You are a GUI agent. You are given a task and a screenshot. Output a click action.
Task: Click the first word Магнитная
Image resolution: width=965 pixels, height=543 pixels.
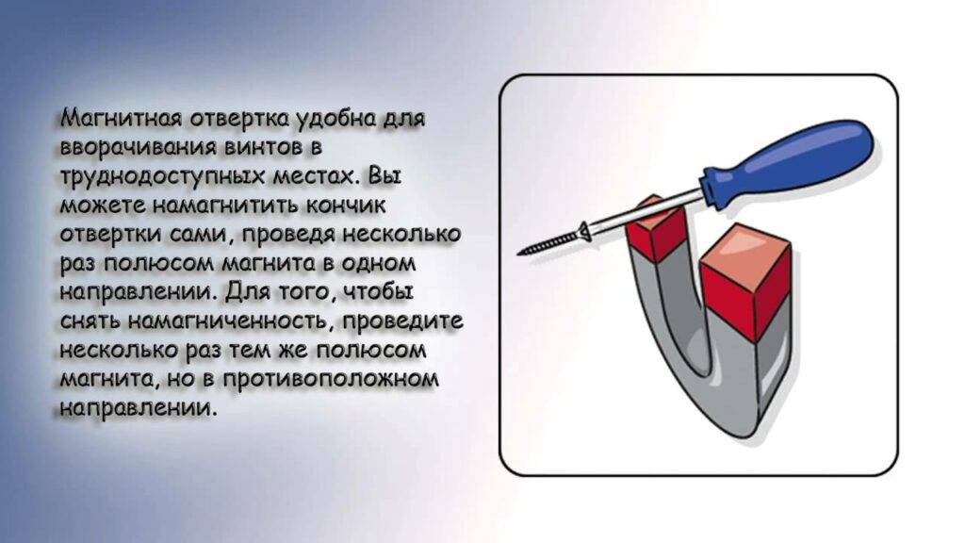point(122,118)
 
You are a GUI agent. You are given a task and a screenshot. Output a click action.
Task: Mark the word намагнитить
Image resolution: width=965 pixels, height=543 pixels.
point(225,206)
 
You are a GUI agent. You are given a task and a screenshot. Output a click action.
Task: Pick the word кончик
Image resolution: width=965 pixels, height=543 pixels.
point(346,206)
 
